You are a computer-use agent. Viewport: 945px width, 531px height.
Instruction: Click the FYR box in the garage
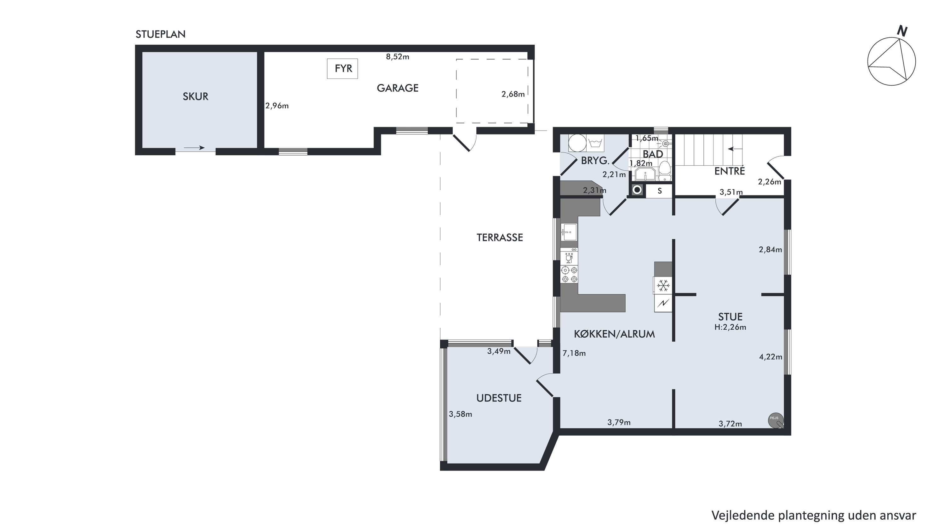[x=342, y=69]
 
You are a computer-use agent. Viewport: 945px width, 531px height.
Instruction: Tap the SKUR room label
[x=196, y=96]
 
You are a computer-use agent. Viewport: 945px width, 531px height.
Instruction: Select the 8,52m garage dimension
[x=397, y=57]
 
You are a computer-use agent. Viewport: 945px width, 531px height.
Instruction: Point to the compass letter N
[x=902, y=31]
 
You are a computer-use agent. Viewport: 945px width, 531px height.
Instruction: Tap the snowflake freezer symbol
[x=663, y=285]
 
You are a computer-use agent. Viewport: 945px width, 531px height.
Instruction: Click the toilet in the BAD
[x=664, y=171]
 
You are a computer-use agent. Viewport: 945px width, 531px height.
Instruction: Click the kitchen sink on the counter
[x=569, y=232]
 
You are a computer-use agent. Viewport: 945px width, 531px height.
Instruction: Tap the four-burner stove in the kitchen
[x=569, y=275]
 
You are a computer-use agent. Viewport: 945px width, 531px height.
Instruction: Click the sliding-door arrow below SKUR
[x=194, y=148]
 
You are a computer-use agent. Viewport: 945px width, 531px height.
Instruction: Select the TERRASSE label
[x=500, y=238]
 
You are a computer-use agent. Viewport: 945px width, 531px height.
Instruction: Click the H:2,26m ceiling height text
[x=730, y=327]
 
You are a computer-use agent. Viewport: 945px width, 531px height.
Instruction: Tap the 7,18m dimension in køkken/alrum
[x=574, y=353]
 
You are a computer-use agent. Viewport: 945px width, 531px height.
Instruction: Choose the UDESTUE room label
[x=499, y=398]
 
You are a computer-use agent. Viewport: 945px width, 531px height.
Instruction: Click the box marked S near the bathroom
[x=660, y=191]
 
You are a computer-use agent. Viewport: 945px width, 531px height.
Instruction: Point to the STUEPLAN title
[x=160, y=34]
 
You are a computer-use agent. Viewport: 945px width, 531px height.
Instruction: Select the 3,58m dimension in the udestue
[x=461, y=414]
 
